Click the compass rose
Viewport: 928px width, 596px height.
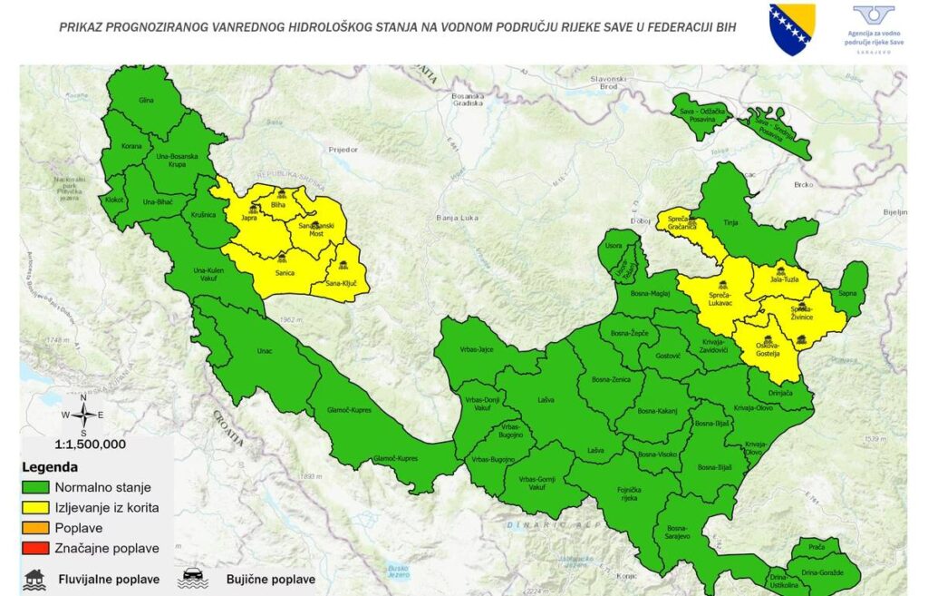[x=82, y=415]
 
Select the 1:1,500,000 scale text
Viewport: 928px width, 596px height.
[x=90, y=445]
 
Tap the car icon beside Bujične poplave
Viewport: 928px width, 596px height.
[x=192, y=578]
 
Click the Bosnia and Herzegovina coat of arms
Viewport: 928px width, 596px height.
[x=791, y=29]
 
